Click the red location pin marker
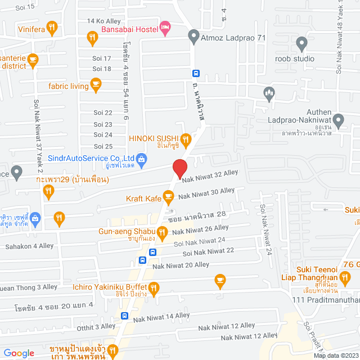[x=179, y=168]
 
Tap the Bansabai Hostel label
[x=128, y=29]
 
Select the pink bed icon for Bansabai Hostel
[x=165, y=27]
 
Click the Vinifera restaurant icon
[x=52, y=26]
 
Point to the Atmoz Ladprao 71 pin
[x=193, y=38]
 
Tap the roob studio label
[x=295, y=58]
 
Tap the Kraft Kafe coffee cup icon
[x=168, y=197]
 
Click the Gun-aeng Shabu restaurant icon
[x=162, y=231]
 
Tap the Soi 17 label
[x=102, y=58]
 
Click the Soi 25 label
[x=102, y=146]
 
